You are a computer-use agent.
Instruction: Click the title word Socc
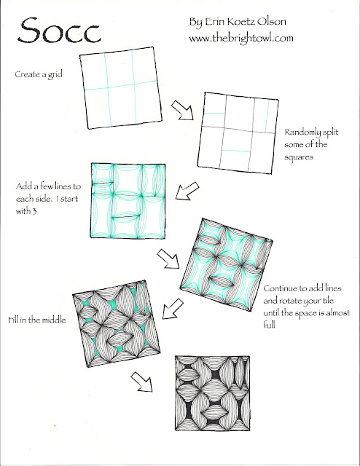click(60, 30)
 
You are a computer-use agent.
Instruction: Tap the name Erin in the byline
click(214, 22)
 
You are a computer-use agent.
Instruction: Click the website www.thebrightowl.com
click(241, 39)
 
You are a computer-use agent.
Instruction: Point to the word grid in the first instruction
click(55, 74)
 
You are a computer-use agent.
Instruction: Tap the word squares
click(299, 157)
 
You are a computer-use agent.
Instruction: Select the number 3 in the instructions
click(34, 211)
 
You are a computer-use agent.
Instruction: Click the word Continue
click(281, 288)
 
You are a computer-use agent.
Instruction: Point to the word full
click(269, 324)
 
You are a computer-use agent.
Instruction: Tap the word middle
click(53, 320)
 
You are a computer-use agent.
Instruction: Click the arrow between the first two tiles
click(182, 110)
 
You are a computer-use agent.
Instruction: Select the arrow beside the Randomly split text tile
click(187, 191)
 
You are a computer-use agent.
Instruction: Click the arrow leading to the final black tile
click(141, 382)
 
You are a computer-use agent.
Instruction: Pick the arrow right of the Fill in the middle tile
click(173, 309)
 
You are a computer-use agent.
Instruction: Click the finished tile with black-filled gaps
click(212, 393)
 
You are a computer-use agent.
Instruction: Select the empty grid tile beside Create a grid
click(121, 88)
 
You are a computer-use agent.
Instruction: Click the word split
click(330, 133)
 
